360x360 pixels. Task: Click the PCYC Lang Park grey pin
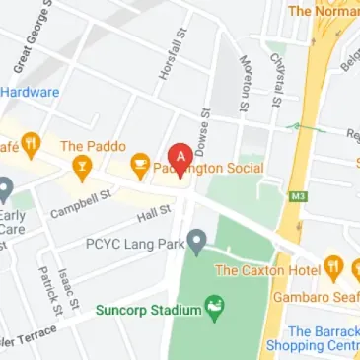point(197,240)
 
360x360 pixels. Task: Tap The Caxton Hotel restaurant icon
point(333,266)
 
